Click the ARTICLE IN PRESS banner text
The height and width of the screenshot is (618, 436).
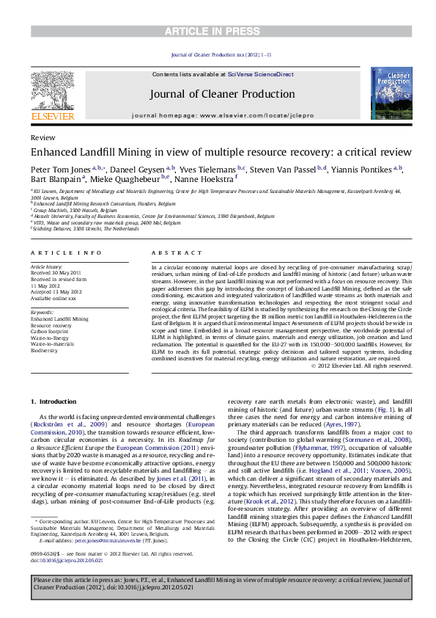218,30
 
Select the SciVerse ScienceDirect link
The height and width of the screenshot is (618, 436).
260,74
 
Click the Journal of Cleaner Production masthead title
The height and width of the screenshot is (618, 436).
222,94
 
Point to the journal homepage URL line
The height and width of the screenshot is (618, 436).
222,115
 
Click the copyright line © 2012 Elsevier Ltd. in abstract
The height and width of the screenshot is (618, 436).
363,365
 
